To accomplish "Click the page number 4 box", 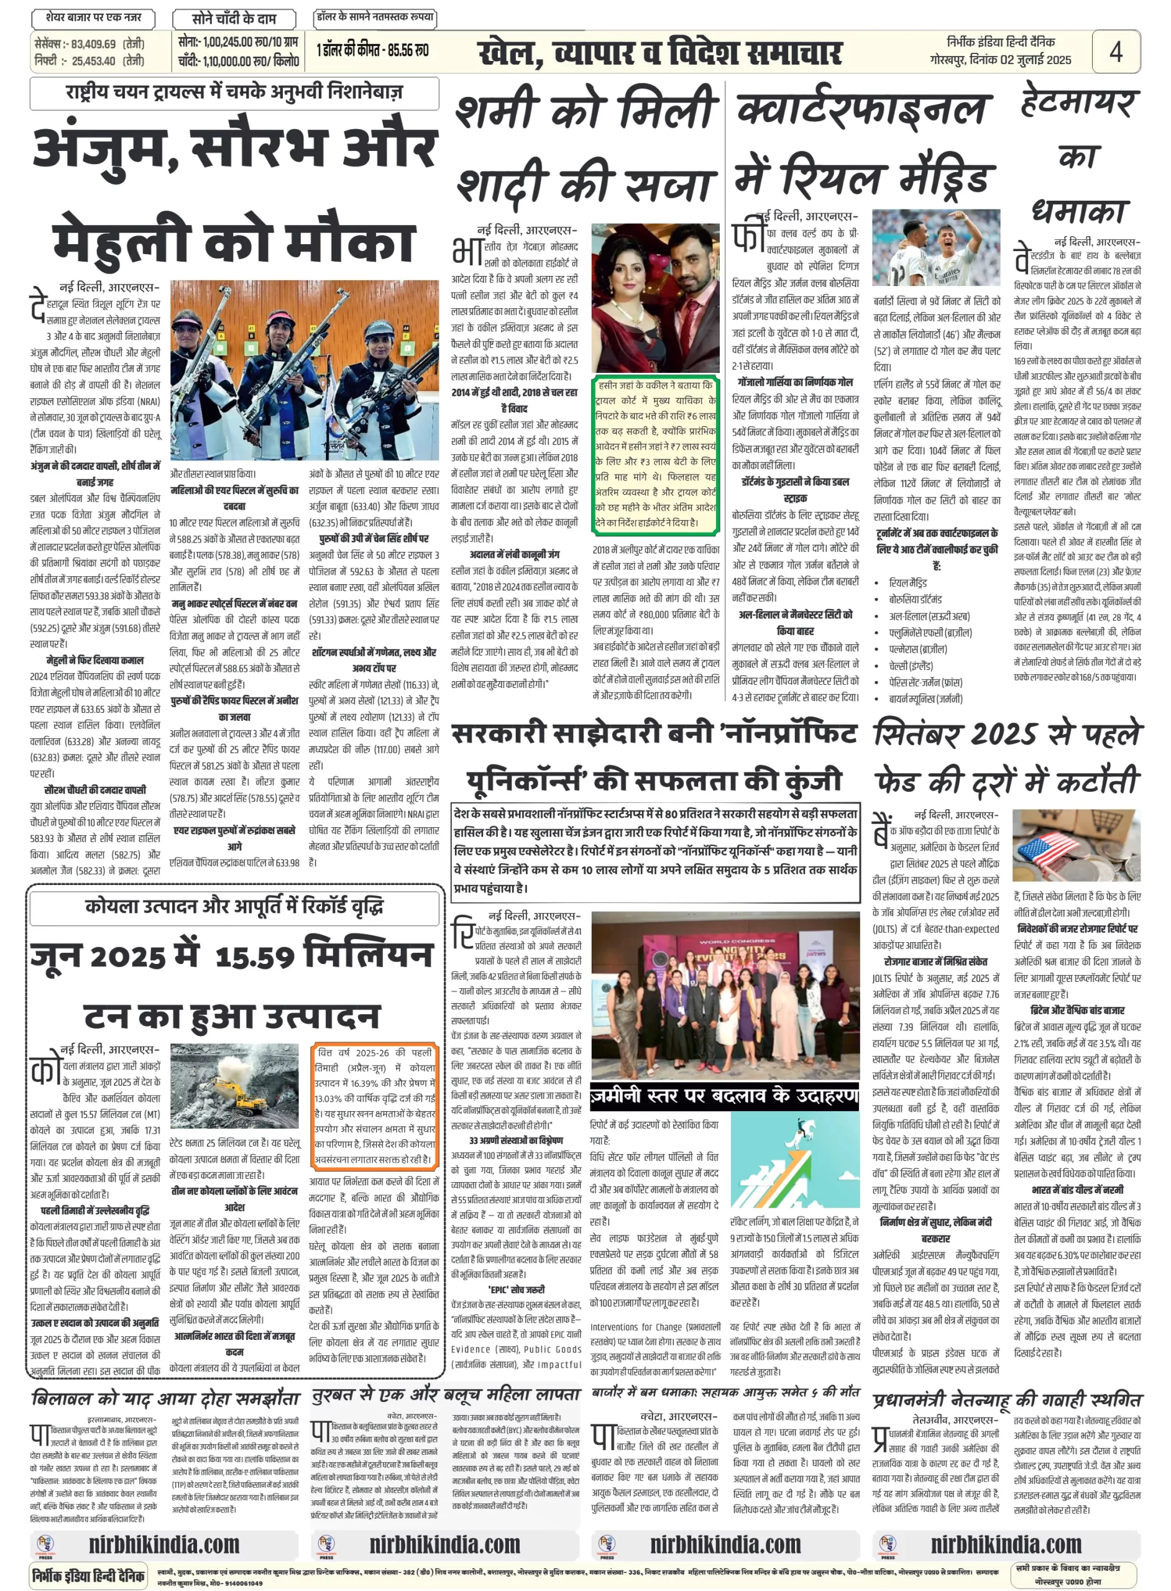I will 1115,51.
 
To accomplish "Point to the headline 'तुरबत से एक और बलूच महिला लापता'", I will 446,1395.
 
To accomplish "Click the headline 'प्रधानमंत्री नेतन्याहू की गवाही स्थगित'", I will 1008,1400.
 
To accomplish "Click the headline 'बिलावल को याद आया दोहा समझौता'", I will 167,1398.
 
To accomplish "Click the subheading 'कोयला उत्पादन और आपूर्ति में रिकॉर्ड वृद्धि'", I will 234,906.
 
